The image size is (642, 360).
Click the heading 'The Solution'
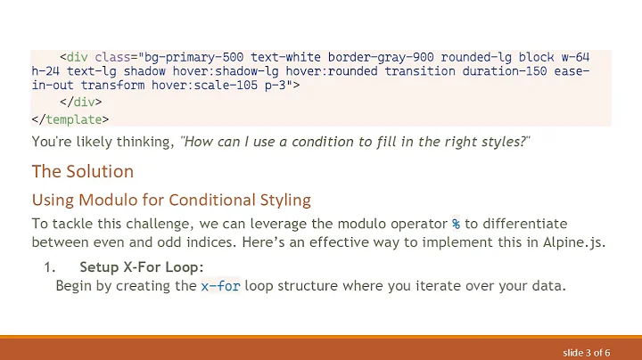83,171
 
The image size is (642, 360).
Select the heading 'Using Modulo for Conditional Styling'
171,199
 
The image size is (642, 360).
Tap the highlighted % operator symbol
456,224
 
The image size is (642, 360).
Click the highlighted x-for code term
220,286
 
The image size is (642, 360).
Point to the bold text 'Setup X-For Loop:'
141,266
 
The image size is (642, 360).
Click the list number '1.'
50,266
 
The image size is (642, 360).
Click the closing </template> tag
70,119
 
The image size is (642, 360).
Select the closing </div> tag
86,102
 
